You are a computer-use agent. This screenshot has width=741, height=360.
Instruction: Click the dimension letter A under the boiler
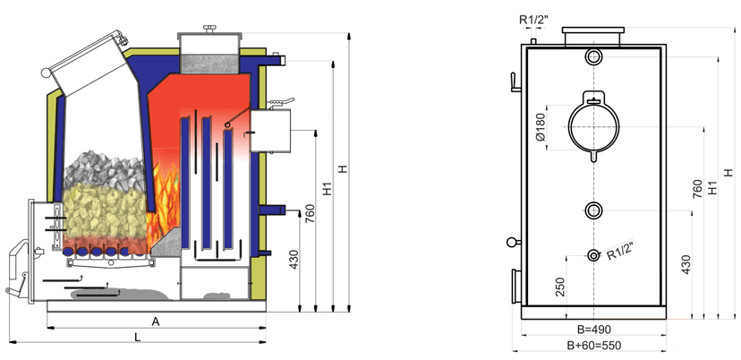click(156, 320)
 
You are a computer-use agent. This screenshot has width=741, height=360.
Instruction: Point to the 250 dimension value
click(560, 287)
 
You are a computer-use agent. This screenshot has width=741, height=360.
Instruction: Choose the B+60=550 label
click(593, 345)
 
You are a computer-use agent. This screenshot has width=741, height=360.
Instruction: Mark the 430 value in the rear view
click(686, 265)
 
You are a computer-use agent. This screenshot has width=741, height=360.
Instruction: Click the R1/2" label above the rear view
click(535, 18)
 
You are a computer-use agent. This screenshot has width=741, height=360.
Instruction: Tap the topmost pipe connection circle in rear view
click(593, 57)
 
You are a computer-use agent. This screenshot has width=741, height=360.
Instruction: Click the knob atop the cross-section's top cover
click(211, 29)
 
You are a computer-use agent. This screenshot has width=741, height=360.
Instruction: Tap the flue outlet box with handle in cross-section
click(272, 131)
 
